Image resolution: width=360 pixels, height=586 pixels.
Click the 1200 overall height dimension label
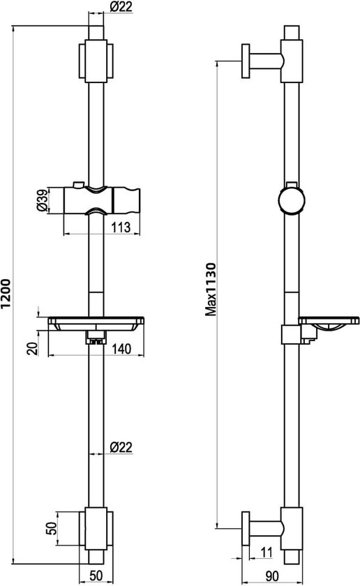point(6,294)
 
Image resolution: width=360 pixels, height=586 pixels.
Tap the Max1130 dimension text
point(211,290)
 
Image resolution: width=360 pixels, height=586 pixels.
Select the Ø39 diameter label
point(43,200)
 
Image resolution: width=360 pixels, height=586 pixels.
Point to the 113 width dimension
point(121,227)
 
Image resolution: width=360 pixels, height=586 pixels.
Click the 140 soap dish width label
point(122,349)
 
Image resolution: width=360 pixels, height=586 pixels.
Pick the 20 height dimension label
point(33,348)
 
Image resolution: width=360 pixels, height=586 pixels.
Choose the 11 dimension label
point(267,552)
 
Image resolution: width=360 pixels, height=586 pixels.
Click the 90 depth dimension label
point(272,576)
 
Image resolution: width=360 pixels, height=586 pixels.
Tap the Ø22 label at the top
point(121,6)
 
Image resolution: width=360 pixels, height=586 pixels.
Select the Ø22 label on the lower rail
point(121,447)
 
